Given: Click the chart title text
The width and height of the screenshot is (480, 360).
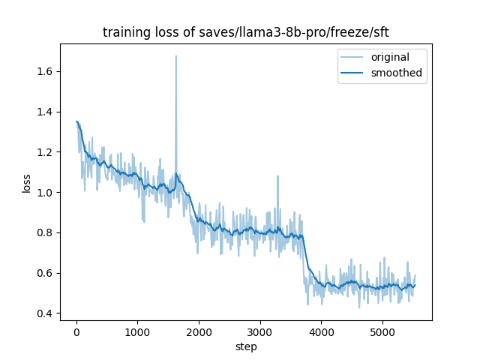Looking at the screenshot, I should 246,32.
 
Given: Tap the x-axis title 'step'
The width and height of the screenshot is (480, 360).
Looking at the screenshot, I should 246,346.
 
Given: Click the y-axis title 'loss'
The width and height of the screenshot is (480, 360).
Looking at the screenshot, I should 26,182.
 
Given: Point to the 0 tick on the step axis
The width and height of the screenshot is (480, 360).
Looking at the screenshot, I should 76,331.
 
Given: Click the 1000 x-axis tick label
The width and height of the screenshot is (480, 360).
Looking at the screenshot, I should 137,331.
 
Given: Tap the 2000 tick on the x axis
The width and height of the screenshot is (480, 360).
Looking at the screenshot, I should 199,331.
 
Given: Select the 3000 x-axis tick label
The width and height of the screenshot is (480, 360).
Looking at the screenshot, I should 259,331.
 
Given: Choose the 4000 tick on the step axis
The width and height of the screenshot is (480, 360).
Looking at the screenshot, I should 321,331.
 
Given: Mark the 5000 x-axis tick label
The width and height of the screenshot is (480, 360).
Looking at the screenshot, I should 382,331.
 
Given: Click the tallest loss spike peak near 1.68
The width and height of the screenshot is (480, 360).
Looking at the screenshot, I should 176,56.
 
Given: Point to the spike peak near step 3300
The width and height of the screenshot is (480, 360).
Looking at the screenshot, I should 277,177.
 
